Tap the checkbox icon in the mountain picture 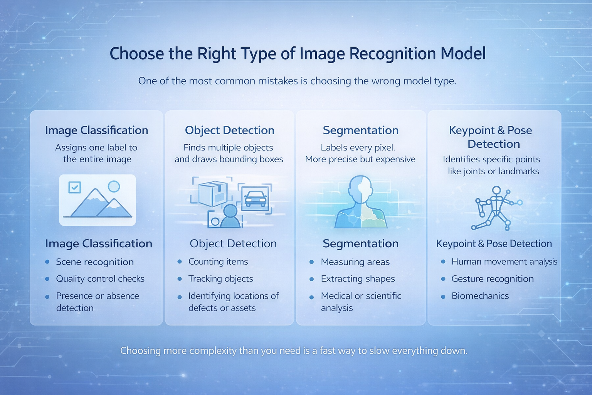click(74, 187)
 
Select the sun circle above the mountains click(114, 187)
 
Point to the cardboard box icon click(213, 194)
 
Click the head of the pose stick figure click(496, 190)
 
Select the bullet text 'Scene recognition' click(95, 262)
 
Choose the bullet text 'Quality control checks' click(100, 279)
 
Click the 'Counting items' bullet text click(218, 262)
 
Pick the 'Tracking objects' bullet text click(221, 279)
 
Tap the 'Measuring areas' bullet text click(355, 262)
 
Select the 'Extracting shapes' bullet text click(358, 279)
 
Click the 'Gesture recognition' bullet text click(493, 279)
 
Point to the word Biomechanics click(480, 295)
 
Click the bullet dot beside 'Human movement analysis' click(443, 262)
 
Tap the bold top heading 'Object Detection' click(230, 130)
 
